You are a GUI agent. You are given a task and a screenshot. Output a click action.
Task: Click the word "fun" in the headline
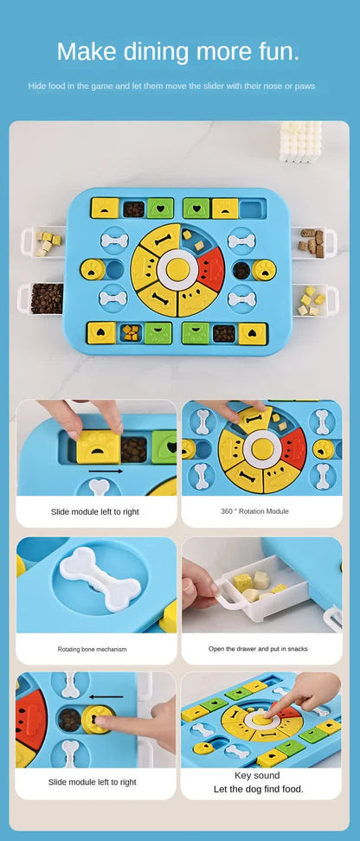click(x=279, y=51)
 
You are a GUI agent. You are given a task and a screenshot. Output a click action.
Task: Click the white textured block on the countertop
click(x=300, y=141)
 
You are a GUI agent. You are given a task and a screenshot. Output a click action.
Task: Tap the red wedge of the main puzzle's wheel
click(x=210, y=267)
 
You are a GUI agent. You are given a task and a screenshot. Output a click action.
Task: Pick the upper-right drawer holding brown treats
click(x=309, y=242)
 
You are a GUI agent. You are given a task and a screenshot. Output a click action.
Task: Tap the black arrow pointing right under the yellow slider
click(x=106, y=472)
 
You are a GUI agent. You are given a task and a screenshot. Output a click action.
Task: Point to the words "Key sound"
click(x=257, y=775)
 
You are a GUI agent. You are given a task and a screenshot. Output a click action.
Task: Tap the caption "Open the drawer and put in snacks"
click(x=258, y=648)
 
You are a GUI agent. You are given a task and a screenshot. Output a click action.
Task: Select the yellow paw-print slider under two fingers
click(x=98, y=447)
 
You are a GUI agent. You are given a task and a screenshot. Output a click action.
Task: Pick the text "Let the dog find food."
click(x=257, y=789)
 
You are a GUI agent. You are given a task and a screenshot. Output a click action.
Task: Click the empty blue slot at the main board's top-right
click(x=250, y=209)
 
